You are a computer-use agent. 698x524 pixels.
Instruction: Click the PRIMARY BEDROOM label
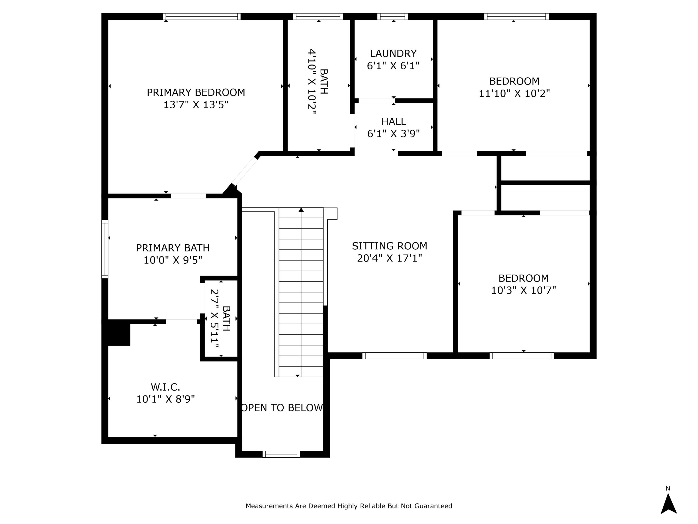click(x=196, y=92)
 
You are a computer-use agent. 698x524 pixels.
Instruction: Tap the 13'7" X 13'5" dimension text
click(x=196, y=105)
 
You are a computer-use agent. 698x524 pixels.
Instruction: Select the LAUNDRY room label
click(x=393, y=53)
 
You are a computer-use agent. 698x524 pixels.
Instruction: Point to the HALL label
click(x=393, y=122)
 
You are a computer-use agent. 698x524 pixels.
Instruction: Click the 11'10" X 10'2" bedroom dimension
click(x=514, y=93)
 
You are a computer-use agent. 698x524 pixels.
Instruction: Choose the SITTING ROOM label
click(x=389, y=246)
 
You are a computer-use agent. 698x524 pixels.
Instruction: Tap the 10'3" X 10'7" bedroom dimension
click(x=523, y=290)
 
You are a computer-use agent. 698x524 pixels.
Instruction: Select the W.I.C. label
click(x=165, y=387)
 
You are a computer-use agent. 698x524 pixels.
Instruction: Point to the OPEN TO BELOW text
click(x=282, y=408)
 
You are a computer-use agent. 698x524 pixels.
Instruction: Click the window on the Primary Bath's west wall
click(x=105, y=249)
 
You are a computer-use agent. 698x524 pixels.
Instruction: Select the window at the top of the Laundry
click(x=393, y=17)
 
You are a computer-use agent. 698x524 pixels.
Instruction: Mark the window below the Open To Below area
click(x=281, y=454)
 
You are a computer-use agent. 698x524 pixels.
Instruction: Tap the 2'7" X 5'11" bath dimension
click(x=215, y=319)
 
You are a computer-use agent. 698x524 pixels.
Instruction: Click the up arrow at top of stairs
click(x=301, y=210)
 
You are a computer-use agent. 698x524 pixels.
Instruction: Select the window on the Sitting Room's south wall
click(x=394, y=356)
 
